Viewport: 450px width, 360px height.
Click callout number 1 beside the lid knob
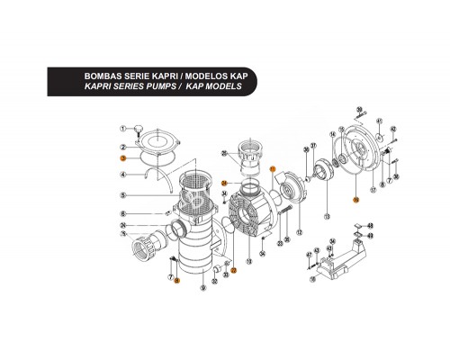click(121, 129)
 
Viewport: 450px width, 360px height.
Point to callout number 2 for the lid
click(121, 145)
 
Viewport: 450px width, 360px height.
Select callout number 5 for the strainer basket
click(121, 196)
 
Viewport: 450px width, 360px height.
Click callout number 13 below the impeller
click(327, 219)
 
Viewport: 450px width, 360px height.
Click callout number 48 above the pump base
click(369, 225)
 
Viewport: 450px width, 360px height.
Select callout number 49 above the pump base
click(369, 237)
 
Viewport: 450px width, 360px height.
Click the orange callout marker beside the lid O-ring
click(121, 158)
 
